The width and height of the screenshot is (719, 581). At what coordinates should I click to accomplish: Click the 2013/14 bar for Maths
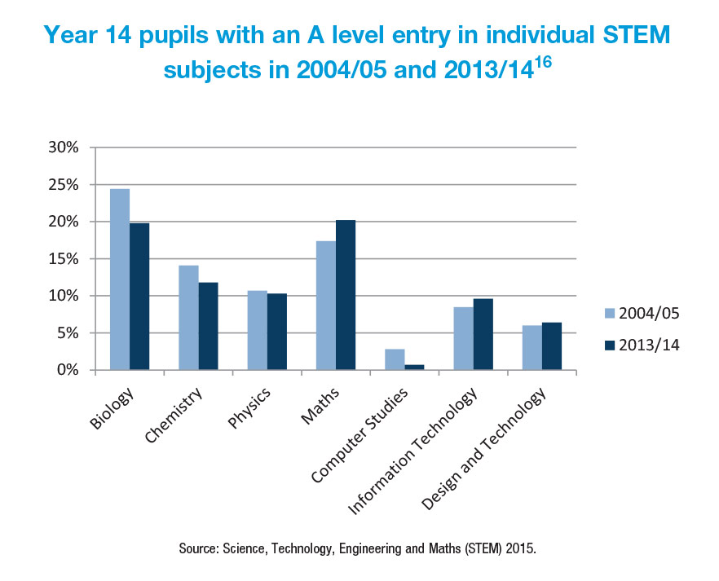(x=346, y=295)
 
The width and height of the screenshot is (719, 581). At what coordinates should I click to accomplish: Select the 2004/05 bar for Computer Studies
(x=395, y=359)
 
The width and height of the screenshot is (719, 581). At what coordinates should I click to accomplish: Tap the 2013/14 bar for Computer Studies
(x=414, y=368)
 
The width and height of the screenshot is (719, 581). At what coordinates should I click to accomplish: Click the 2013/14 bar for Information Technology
(x=483, y=334)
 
